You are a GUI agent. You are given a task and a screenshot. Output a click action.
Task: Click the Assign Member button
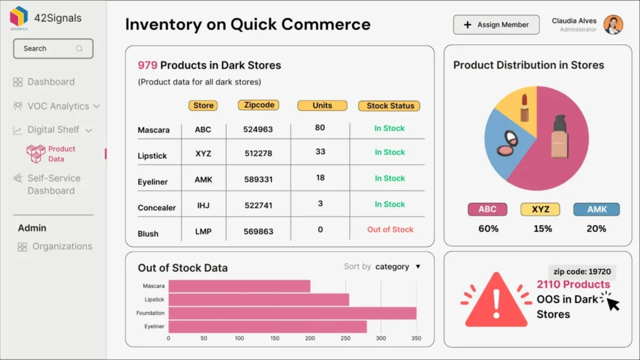(496, 25)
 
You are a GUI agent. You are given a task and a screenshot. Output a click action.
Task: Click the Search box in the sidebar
(53, 49)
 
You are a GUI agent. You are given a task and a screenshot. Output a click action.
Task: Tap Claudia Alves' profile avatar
(613, 25)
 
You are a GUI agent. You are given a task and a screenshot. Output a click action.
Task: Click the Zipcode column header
(259, 105)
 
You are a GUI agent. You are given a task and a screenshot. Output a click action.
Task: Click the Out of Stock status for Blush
(390, 229)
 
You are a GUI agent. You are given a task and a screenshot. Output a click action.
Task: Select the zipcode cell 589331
(258, 179)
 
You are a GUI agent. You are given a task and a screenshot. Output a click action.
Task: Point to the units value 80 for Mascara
(320, 127)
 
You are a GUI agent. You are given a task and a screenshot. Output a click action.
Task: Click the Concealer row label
(157, 207)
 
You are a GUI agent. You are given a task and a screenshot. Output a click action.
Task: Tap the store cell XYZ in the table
(203, 153)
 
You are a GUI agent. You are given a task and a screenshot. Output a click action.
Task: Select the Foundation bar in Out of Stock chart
(292, 313)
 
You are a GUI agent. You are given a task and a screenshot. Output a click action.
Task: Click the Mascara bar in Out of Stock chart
(239, 286)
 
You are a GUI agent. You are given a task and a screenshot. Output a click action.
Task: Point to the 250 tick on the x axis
(346, 338)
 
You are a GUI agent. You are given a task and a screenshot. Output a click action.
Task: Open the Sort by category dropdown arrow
(418, 267)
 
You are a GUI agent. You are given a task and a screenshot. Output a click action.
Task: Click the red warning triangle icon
(496, 300)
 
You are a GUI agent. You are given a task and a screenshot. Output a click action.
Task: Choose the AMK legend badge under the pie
(596, 209)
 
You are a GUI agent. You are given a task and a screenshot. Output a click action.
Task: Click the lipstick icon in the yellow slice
(524, 108)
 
